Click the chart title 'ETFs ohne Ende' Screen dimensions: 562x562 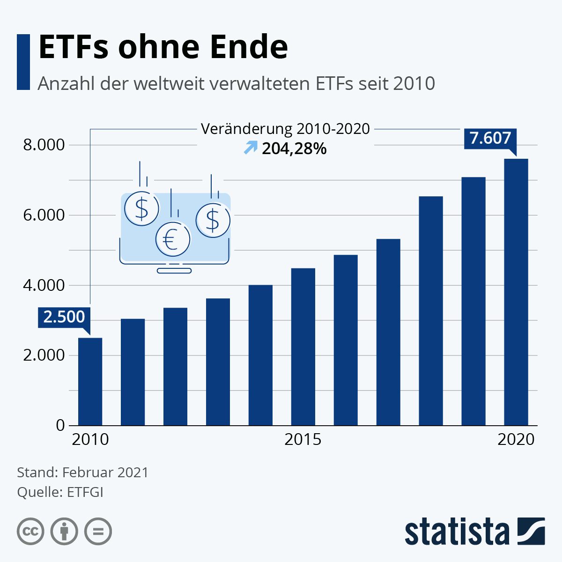163,47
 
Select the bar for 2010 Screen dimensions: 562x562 90,381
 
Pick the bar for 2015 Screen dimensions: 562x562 303,347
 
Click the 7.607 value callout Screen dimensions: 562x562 490,138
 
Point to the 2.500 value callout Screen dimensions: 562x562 64,317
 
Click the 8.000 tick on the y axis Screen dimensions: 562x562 44,145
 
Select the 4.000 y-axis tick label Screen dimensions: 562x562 44,285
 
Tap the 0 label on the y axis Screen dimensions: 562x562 60,425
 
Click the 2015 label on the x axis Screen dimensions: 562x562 303,439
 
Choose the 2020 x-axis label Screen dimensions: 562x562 516,439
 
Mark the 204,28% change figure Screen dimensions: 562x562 294,149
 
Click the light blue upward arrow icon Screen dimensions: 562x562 251,148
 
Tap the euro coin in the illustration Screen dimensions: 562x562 173,239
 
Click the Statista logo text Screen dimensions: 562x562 457,532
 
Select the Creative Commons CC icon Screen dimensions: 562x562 30,532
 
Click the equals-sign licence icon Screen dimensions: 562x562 98,532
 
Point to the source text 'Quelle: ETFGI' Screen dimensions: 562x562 60,492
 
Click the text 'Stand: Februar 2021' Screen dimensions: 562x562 82,472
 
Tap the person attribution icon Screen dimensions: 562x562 64,532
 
